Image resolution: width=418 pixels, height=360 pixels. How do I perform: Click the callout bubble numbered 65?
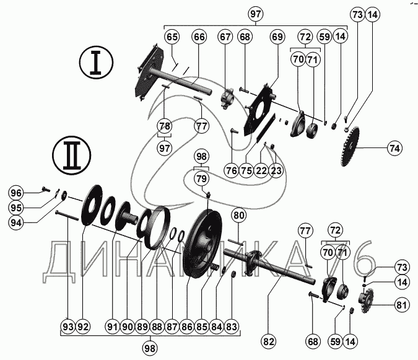click(x=172, y=37)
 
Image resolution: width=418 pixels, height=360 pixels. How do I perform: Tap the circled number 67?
click(x=225, y=37)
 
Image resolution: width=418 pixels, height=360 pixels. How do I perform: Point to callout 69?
click(x=276, y=37)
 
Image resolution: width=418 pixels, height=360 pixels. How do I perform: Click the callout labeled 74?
click(x=394, y=148)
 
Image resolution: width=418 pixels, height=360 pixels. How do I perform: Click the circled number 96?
click(x=15, y=192)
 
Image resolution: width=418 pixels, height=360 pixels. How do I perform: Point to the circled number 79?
click(x=201, y=179)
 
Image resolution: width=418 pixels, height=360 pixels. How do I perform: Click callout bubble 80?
click(x=239, y=215)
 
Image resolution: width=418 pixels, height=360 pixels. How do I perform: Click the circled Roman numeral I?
click(x=96, y=64)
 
